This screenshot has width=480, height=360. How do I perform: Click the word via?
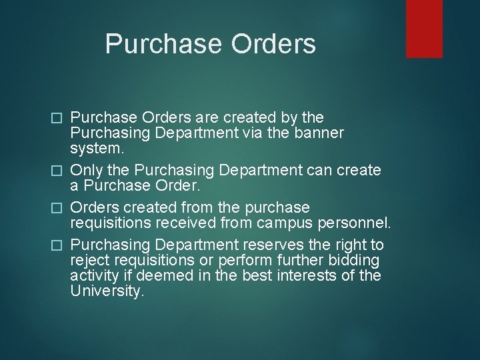[x=259, y=133]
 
